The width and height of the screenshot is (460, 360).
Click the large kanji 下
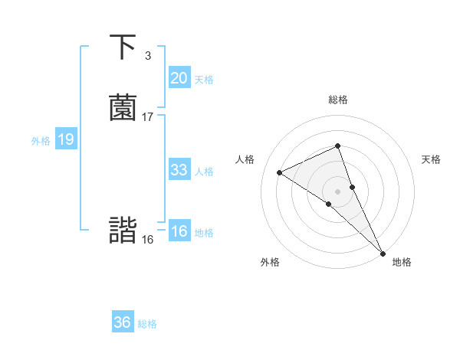[123, 47]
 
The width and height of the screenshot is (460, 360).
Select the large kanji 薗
[123, 108]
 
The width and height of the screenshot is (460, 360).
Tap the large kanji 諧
[123, 231]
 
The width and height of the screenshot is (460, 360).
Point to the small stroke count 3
[148, 56]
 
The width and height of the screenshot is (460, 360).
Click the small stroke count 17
[148, 117]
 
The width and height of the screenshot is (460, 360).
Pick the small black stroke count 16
[148, 240]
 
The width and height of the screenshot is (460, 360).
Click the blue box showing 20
[179, 78]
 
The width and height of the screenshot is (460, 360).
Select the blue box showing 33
[179, 170]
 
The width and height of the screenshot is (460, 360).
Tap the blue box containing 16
[179, 231]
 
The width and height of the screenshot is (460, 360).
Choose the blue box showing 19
[65, 139]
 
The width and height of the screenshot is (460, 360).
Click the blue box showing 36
[122, 322]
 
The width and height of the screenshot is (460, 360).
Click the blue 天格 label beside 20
[204, 80]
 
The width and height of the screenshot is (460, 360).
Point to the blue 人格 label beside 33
[204, 172]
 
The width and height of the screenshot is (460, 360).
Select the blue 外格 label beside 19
[41, 141]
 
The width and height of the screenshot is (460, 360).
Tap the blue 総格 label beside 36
[147, 324]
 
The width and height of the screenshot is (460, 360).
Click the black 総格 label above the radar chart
[338, 100]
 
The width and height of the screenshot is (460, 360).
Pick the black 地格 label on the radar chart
[402, 262]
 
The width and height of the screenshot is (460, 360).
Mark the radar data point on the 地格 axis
[383, 253]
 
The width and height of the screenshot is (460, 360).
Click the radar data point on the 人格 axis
[280, 172]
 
